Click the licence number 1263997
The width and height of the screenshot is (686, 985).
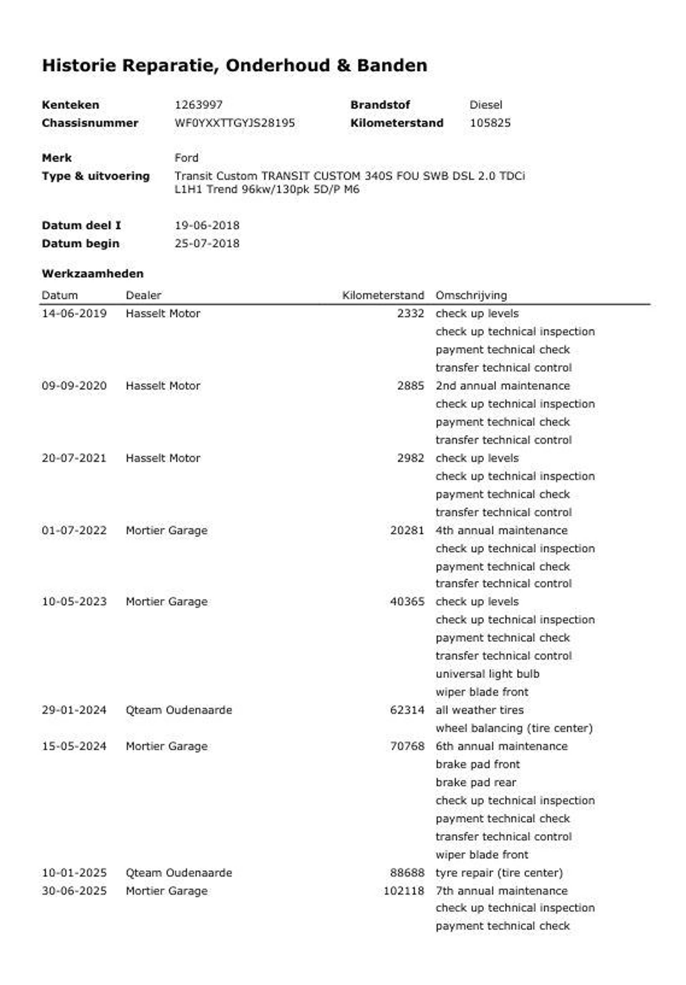click(198, 105)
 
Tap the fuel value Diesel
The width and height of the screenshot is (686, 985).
click(485, 105)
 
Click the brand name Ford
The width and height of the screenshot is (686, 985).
click(186, 158)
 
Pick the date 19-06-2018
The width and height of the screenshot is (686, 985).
click(207, 225)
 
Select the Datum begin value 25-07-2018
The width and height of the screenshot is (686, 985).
click(207, 243)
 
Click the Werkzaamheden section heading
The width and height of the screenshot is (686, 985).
click(93, 274)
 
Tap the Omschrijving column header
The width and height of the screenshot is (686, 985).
click(471, 295)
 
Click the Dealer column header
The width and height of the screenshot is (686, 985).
click(143, 295)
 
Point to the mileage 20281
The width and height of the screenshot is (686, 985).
click(407, 530)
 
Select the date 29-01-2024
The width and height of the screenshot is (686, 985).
click(74, 710)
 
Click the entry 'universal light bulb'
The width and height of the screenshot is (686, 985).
click(487, 674)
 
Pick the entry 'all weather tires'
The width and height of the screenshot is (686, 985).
click(479, 710)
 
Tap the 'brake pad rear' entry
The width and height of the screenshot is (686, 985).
click(475, 782)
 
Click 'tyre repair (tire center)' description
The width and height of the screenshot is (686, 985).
click(498, 872)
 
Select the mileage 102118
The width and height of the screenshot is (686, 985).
click(403, 891)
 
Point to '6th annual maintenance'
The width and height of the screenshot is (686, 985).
click(501, 746)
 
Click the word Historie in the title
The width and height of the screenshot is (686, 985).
click(79, 66)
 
